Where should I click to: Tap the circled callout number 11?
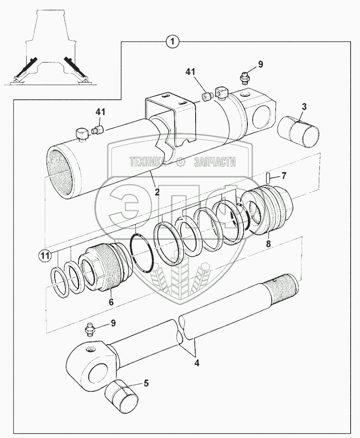pyautogui.click(x=44, y=255)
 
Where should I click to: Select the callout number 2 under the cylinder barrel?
pyautogui.click(x=157, y=192)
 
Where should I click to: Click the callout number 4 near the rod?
pyautogui.click(x=196, y=362)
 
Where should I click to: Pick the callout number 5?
pyautogui.click(x=146, y=384)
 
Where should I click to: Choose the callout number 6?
pyautogui.click(x=111, y=302)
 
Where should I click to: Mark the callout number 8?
pyautogui.click(x=268, y=243)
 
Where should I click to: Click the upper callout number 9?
pyautogui.click(x=260, y=64)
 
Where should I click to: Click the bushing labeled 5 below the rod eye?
pyautogui.click(x=124, y=397)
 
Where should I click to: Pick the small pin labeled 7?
pyautogui.click(x=269, y=178)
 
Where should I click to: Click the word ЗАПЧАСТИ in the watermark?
pyautogui.click(x=214, y=162)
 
